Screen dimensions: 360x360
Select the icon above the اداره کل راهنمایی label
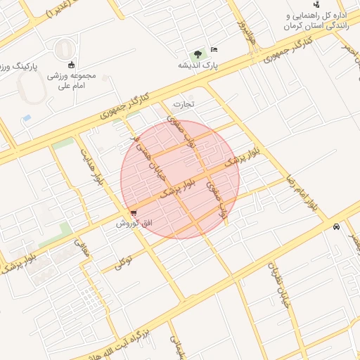click(x=316, y=4)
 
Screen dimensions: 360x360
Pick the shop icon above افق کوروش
click(x=134, y=213)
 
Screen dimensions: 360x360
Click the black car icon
click(x=337, y=227)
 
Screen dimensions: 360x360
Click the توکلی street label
click(x=124, y=263)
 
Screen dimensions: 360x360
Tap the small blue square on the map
click(x=27, y=118)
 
